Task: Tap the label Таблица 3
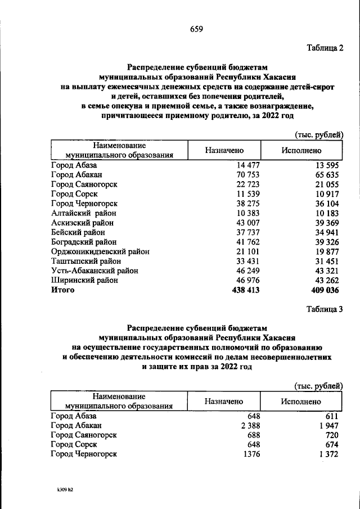pos(325,309)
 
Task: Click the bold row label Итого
pos(62,290)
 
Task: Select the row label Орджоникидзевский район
pos(100,251)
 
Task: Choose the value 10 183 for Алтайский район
pos(325,213)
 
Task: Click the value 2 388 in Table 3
pos(247,426)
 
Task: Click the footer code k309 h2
pos(61,489)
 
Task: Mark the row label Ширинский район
pos(84,280)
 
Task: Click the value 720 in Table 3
pos(331,435)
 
